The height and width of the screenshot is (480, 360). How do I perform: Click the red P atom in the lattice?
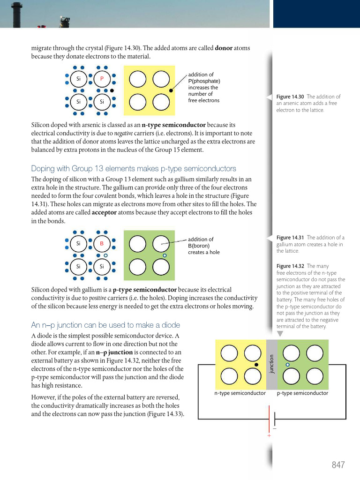[101, 79]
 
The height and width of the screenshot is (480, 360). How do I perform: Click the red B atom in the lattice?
[101, 243]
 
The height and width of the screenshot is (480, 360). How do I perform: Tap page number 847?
[338, 465]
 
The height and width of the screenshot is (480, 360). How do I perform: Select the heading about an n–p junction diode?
[105, 325]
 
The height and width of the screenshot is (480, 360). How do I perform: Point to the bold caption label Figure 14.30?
[291, 97]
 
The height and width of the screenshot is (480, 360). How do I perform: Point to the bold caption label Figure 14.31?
[291, 238]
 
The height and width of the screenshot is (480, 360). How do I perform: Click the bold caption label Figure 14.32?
[291, 266]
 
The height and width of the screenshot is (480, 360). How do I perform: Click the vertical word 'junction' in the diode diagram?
[271, 364]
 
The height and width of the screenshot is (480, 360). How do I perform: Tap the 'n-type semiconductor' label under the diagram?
[240, 393]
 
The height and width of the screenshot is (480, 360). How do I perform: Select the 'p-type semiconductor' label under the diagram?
[302, 393]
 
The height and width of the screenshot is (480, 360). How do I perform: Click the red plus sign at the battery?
[269, 435]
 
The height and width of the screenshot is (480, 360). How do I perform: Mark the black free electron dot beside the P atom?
[112, 90]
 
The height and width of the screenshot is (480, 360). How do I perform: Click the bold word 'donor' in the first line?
[224, 48]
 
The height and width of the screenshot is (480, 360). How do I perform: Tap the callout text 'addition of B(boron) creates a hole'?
[203, 246]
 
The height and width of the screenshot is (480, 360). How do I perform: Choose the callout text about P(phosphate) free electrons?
[203, 87]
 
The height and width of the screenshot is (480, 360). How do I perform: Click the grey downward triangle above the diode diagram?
[280, 334]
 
